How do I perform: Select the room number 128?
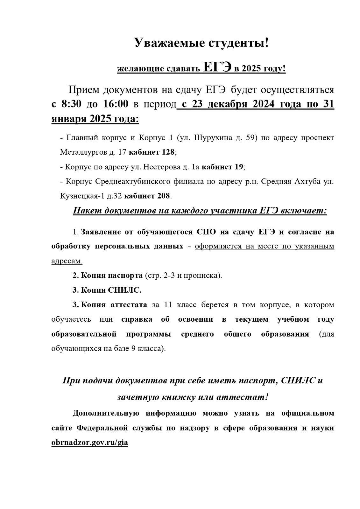(x=168, y=152)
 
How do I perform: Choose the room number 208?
(x=164, y=195)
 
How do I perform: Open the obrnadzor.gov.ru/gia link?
(x=90, y=443)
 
